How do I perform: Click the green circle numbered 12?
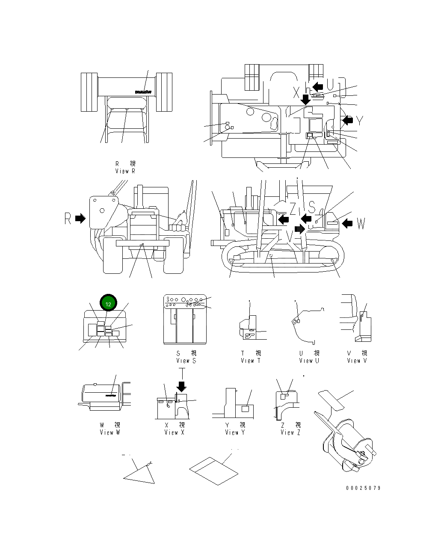click(108, 304)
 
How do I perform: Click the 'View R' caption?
click(125, 171)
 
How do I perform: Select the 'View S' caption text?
click(186, 361)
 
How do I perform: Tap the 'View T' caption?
click(250, 361)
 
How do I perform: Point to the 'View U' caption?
click(309, 361)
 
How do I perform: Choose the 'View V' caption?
click(357, 361)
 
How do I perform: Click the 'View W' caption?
click(110, 432)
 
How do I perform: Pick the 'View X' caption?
click(174, 432)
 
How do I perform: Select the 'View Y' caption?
click(235, 432)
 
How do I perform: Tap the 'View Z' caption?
click(290, 432)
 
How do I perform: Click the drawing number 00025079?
click(363, 488)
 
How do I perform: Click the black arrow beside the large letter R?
click(80, 219)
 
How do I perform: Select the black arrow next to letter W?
click(347, 222)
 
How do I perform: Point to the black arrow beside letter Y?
click(348, 121)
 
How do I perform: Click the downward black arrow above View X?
click(182, 386)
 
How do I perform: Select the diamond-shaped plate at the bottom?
click(213, 471)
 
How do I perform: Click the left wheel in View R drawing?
click(89, 92)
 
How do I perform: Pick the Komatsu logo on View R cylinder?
click(143, 92)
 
